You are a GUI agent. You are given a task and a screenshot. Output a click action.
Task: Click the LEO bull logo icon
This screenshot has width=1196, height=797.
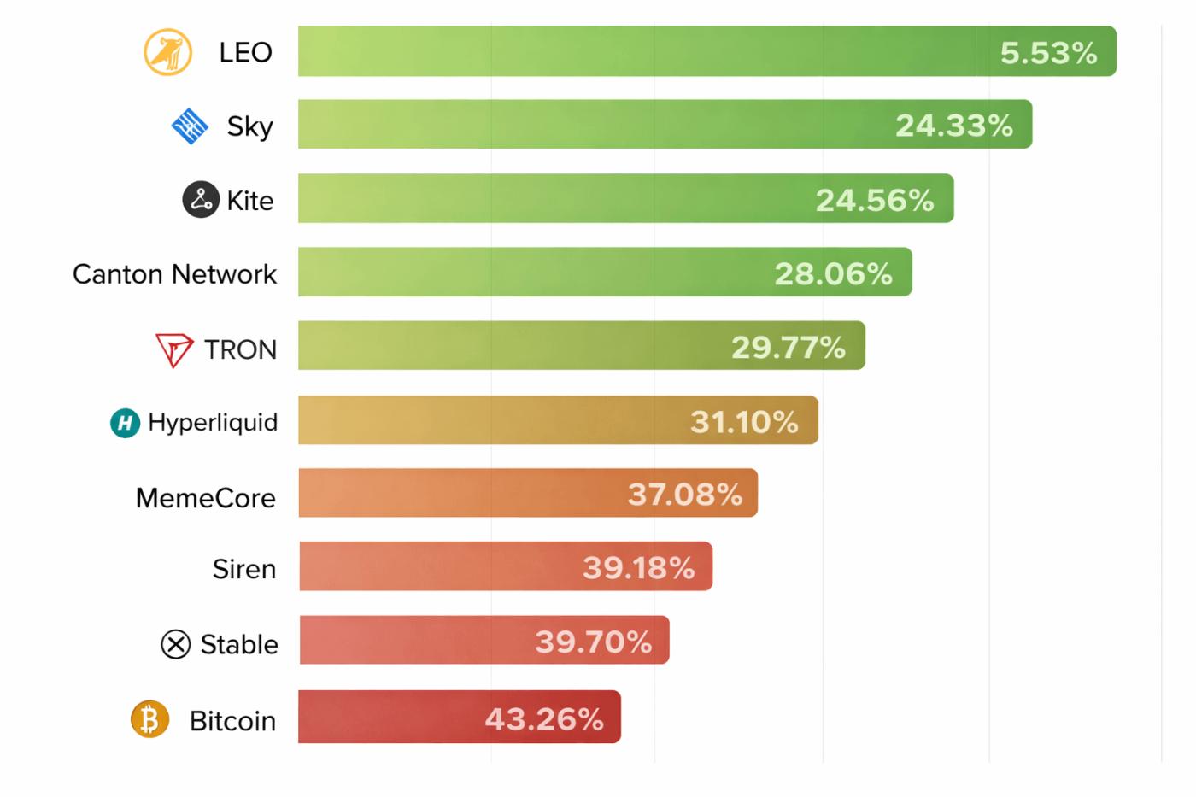click(167, 52)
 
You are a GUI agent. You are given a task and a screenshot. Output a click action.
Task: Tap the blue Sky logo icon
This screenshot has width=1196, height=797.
click(190, 126)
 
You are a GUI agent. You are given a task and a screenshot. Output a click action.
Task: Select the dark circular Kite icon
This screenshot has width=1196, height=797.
click(201, 200)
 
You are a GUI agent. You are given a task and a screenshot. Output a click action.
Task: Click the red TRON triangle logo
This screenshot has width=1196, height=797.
click(174, 349)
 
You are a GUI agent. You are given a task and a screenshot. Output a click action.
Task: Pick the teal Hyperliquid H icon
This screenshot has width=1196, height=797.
click(126, 422)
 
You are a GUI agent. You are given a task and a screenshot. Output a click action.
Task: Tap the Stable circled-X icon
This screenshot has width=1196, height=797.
click(176, 644)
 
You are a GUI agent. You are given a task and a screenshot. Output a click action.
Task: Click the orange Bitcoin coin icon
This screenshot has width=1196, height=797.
click(149, 719)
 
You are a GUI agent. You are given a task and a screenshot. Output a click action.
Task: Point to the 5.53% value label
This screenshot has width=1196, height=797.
click(1048, 53)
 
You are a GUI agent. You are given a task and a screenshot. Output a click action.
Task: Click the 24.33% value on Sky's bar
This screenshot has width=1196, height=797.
click(953, 126)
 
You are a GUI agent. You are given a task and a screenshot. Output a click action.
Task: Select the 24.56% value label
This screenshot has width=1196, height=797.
click(874, 200)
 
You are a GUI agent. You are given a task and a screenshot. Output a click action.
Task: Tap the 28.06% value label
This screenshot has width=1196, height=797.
click(833, 273)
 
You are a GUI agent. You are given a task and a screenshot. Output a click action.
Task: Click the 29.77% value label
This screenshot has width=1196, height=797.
click(788, 348)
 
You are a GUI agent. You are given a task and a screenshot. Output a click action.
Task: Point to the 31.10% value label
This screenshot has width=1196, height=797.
click(744, 421)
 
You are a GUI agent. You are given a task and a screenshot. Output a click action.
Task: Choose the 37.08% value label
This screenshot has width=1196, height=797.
click(684, 494)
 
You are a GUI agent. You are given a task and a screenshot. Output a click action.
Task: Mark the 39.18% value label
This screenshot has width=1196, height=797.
click(638, 567)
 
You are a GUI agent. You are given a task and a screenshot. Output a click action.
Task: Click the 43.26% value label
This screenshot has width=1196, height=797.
click(544, 719)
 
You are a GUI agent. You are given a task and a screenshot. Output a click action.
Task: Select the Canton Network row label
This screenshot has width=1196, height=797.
click(174, 274)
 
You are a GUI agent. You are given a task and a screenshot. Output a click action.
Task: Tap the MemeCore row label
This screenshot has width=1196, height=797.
click(205, 497)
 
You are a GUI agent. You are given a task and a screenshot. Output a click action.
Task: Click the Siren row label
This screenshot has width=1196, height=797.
click(244, 569)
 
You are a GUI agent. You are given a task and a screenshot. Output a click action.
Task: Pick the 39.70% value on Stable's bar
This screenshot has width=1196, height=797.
click(593, 642)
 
